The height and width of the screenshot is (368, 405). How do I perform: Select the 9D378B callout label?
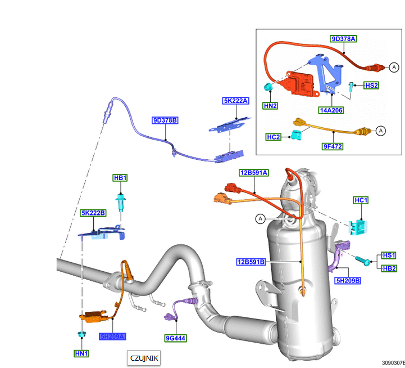point(165,120)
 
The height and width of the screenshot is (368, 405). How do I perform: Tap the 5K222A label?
point(236,101)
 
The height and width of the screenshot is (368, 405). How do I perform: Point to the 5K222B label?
point(93,213)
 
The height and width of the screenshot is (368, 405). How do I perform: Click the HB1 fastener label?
point(120,178)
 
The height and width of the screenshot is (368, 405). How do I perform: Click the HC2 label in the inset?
point(274,137)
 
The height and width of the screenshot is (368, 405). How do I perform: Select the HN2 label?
point(271,105)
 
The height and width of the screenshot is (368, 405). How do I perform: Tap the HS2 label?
point(371,86)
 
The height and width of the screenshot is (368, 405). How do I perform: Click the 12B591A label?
point(253,173)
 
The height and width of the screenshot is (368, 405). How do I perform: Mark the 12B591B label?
point(251,262)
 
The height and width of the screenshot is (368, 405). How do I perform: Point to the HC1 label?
point(361,200)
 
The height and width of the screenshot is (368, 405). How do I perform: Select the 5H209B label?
point(348,280)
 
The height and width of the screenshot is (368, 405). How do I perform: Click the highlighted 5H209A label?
point(112,336)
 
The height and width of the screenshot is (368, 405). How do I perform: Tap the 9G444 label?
point(175,338)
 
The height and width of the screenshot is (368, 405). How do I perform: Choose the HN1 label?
point(81,353)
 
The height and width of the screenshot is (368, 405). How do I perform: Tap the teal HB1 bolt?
point(120,201)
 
